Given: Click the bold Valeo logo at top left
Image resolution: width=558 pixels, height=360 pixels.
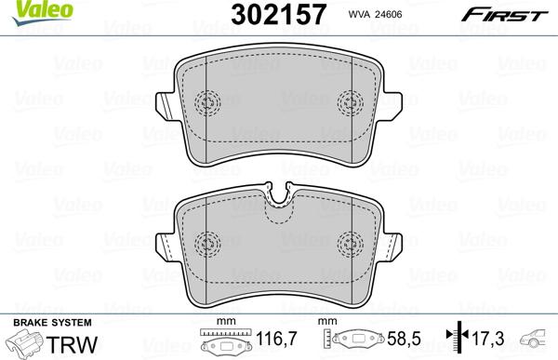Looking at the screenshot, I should pyautogui.click(x=22, y=9).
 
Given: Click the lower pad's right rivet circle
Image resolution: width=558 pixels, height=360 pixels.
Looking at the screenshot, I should pyautogui.click(x=350, y=240).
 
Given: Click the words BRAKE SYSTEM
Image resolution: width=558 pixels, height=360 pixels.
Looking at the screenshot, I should pyautogui.click(x=39, y=322).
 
